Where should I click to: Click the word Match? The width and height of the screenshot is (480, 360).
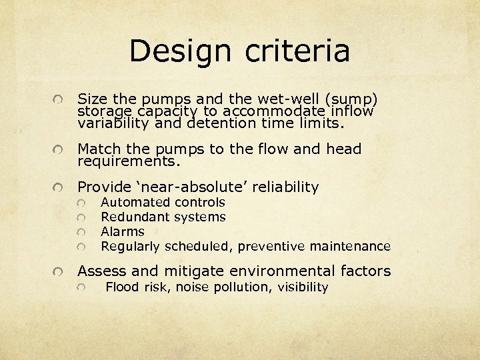pos(101,149)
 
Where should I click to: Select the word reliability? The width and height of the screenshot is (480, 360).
pos(279,187)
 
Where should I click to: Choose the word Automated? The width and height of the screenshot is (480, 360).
pos(135,202)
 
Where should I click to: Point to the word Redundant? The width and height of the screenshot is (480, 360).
pos(135,217)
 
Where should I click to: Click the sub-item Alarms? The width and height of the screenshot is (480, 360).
pos(122,231)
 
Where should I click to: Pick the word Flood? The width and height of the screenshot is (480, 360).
pos(122,287)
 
